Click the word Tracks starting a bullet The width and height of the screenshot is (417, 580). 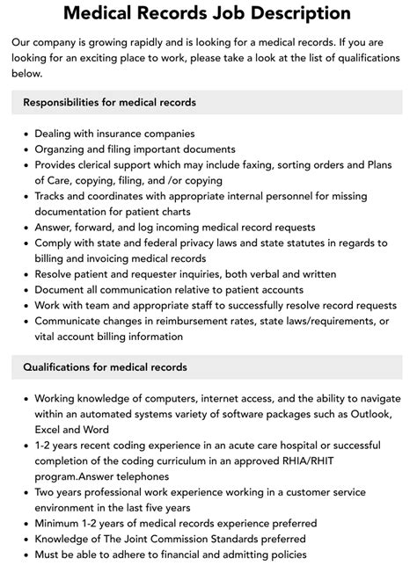51,197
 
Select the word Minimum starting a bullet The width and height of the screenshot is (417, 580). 59,523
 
